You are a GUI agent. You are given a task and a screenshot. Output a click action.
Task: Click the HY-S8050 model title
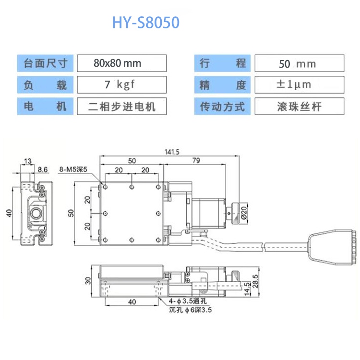click(146, 23)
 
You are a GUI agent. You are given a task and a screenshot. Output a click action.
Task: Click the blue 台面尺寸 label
click(45, 63)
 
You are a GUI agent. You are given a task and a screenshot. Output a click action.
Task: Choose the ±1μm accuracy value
click(299, 84)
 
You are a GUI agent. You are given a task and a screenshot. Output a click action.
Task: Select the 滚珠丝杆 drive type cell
click(299, 106)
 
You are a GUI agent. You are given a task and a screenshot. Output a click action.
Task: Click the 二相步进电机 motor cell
click(121, 106)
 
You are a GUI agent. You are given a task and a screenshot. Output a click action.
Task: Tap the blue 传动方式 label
click(222, 106)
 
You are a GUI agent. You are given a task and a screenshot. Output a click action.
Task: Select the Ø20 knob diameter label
click(244, 212)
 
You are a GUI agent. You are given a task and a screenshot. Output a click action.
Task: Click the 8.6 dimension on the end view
click(43, 169)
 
